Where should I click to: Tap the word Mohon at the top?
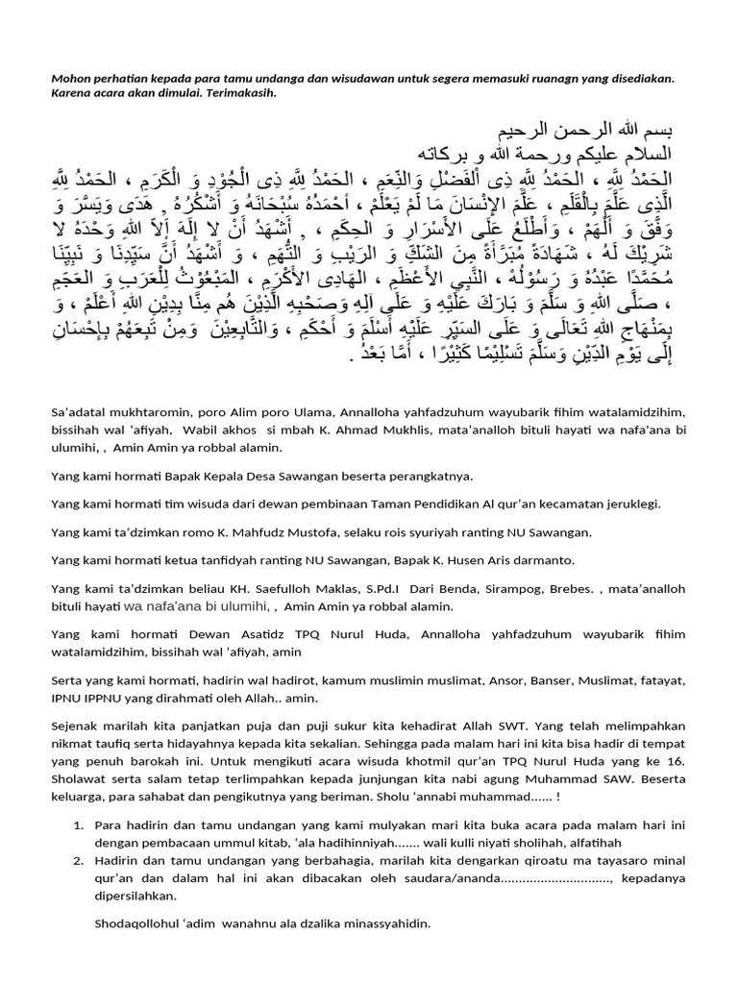[71, 78]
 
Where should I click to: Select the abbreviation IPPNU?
[99, 698]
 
